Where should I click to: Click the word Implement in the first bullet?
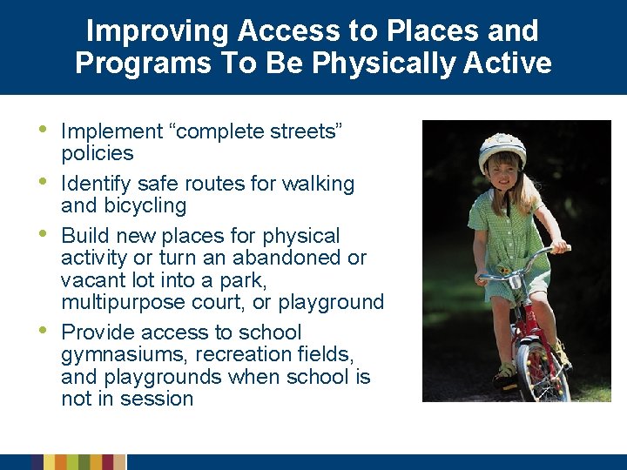point(111,131)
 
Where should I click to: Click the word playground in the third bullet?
point(336,302)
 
